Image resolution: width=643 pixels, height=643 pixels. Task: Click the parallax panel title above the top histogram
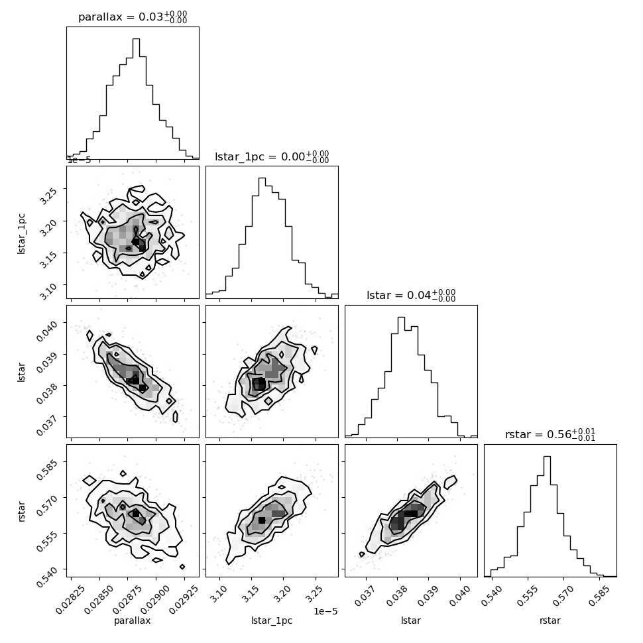click(x=133, y=17)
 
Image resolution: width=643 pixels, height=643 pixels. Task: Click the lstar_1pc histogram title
click(x=272, y=156)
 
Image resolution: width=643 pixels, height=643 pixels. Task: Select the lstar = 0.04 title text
click(x=411, y=295)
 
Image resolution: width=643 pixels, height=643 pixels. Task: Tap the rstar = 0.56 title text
click(x=550, y=434)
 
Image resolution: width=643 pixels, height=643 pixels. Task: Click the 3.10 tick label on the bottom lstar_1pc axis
click(x=218, y=594)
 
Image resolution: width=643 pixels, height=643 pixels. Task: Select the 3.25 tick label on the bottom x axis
click(x=314, y=594)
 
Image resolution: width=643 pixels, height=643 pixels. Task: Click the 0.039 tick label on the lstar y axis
click(x=46, y=362)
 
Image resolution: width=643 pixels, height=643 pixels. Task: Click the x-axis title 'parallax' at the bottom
click(x=132, y=620)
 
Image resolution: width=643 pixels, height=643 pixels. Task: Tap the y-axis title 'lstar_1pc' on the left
click(x=21, y=234)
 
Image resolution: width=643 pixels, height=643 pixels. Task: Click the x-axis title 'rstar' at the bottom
click(x=550, y=620)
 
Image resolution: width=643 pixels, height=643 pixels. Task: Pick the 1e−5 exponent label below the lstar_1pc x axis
click(x=325, y=611)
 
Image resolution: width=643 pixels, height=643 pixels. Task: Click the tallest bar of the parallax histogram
click(x=136, y=99)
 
